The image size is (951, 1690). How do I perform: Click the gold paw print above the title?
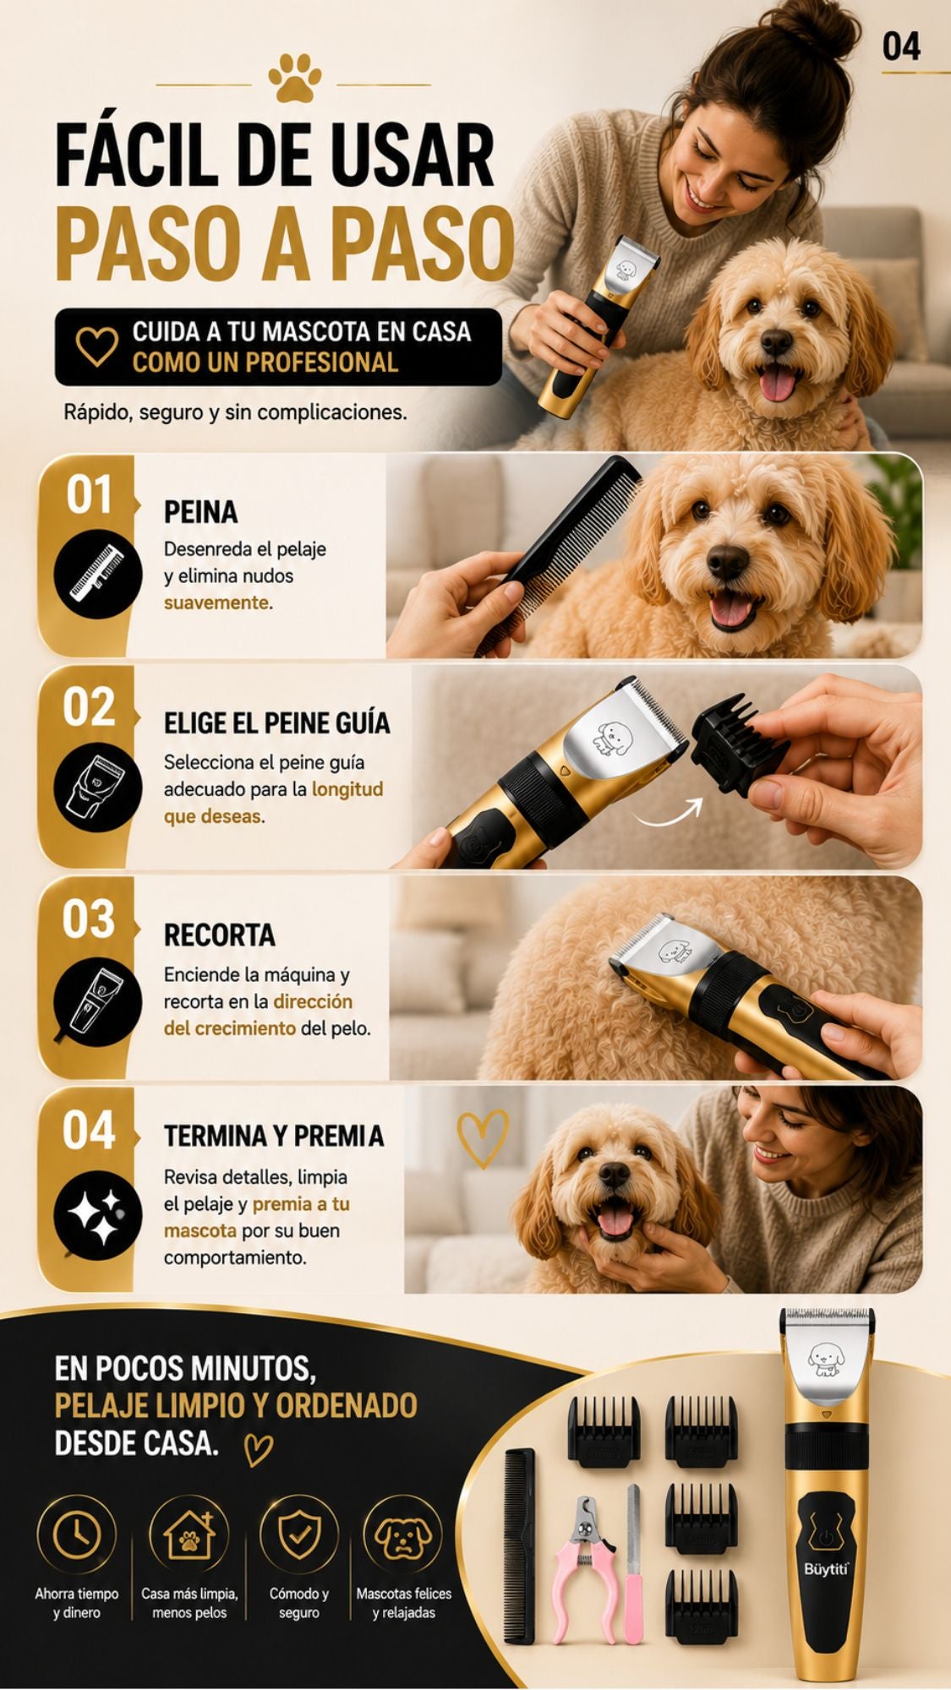[294, 79]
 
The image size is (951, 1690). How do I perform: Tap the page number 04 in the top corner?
[901, 46]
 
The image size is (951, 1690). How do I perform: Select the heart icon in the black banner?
[96, 346]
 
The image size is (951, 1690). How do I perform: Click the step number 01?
[90, 495]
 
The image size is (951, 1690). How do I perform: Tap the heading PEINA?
[200, 512]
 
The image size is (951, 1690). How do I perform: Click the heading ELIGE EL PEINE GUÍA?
[277, 723]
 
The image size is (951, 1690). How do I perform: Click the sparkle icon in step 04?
[96, 1215]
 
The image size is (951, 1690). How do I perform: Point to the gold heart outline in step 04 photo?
[483, 1137]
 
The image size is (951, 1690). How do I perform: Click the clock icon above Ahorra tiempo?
[76, 1535]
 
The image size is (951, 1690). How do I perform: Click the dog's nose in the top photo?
[776, 341]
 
